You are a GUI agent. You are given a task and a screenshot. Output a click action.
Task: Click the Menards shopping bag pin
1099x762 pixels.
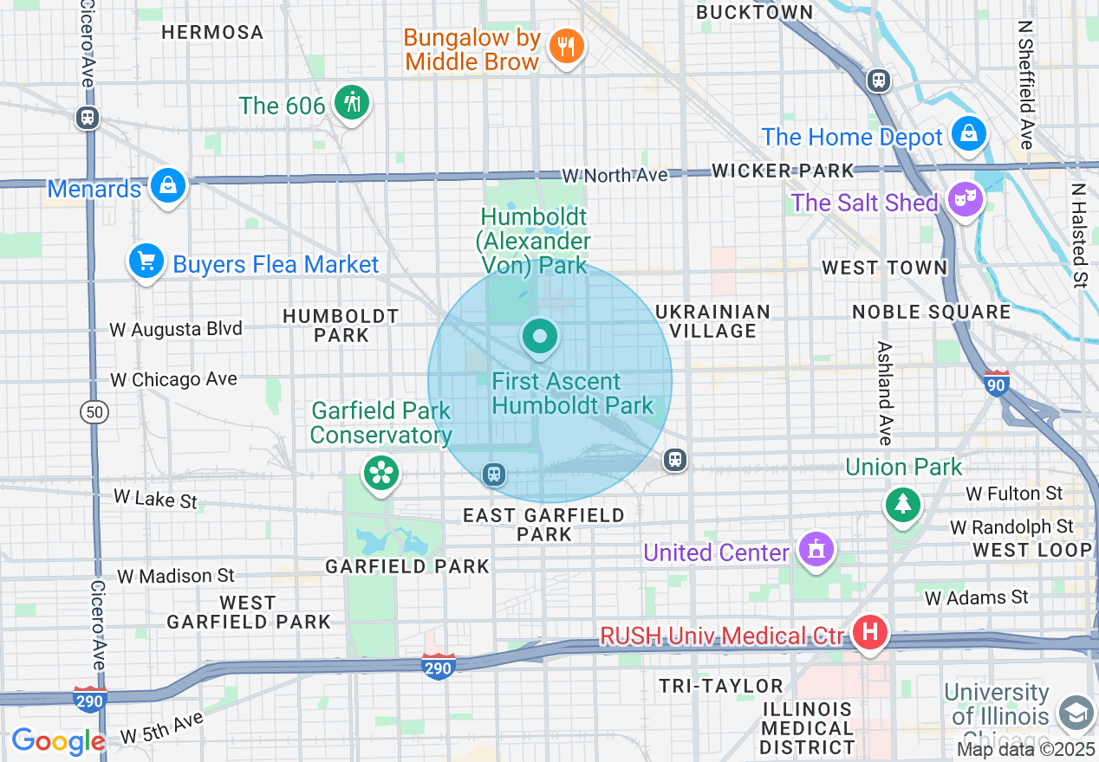click(167, 185)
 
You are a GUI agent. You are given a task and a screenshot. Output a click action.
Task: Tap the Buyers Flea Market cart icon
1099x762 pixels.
click(146, 261)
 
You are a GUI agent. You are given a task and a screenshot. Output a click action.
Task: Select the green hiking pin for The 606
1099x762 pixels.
click(351, 103)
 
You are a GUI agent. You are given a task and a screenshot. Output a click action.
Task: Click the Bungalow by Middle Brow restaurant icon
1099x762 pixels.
click(567, 46)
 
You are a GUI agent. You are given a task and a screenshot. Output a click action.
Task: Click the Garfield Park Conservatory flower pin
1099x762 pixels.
click(380, 473)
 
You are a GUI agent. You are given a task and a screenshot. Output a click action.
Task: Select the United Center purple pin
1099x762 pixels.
click(816, 550)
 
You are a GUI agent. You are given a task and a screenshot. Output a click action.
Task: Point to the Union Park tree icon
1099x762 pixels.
click(902, 503)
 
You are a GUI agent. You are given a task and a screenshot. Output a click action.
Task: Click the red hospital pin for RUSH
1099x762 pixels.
click(870, 633)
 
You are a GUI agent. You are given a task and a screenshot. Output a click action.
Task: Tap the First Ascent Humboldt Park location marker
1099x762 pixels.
click(540, 336)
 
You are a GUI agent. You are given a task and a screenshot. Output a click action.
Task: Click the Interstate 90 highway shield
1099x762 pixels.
click(997, 383)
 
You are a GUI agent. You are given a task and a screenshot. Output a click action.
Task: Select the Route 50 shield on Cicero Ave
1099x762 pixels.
click(94, 412)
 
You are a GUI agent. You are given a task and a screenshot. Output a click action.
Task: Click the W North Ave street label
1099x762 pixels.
click(615, 176)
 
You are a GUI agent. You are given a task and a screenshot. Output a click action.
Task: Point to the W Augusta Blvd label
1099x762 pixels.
click(176, 329)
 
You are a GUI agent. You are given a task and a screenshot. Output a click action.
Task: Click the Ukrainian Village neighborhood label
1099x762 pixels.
click(712, 321)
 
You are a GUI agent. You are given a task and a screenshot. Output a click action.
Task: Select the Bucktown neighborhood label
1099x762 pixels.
click(754, 12)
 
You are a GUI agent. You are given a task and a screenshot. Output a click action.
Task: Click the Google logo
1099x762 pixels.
click(58, 741)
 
